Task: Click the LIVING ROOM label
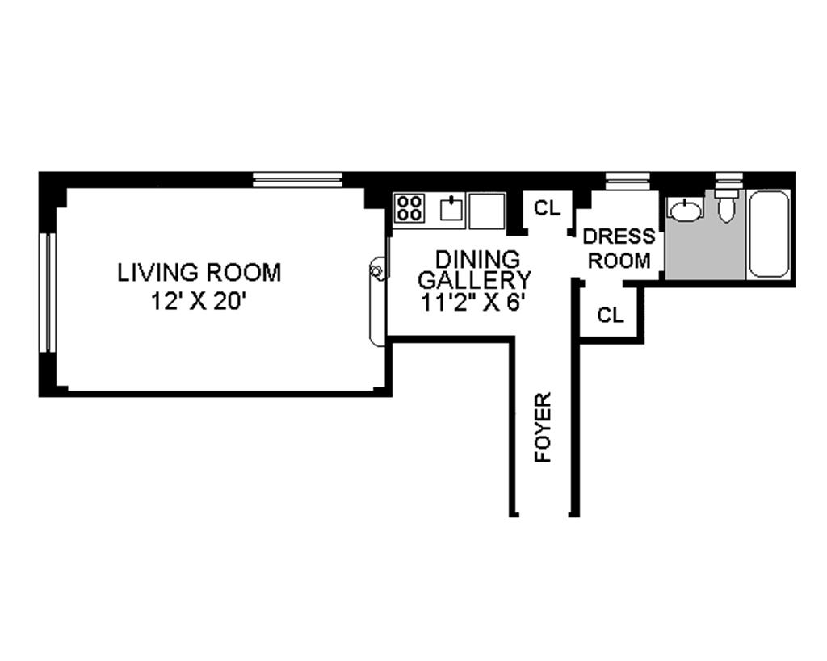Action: pyautogui.click(x=199, y=273)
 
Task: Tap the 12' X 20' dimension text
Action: pyautogui.click(x=199, y=302)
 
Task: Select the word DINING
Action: pyautogui.click(x=477, y=259)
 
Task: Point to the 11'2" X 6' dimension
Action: pyautogui.click(x=473, y=303)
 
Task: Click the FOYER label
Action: pyautogui.click(x=543, y=428)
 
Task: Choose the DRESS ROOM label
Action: pyautogui.click(x=619, y=249)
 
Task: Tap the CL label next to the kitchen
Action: pyautogui.click(x=547, y=208)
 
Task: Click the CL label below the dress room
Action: pyautogui.click(x=611, y=316)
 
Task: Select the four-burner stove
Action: pyautogui.click(x=409, y=207)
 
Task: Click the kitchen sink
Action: pyautogui.click(x=451, y=207)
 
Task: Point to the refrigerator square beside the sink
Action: pyautogui.click(x=487, y=211)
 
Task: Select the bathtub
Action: pyautogui.click(x=769, y=233)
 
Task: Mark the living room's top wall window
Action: pyautogui.click(x=297, y=180)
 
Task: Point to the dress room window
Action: pyautogui.click(x=627, y=181)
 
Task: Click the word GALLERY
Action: pyautogui.click(x=474, y=280)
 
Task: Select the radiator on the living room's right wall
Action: pyautogui.click(x=377, y=300)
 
